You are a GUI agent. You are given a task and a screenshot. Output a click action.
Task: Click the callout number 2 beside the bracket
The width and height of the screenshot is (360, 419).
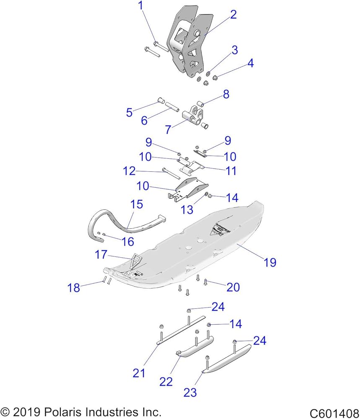point(233,14)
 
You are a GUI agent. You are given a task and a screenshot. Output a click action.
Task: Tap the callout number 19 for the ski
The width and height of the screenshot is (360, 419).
point(270,262)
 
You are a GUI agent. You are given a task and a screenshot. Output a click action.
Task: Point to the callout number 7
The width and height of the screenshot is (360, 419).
point(168,129)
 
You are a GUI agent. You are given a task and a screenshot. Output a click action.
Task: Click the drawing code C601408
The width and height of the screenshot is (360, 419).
point(334,413)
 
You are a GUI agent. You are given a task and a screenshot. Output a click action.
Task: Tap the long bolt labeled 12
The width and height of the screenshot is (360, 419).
point(171,174)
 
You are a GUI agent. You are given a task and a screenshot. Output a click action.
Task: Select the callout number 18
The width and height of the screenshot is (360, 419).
point(74,288)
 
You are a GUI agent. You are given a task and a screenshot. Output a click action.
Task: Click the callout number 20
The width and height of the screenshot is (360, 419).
point(233,287)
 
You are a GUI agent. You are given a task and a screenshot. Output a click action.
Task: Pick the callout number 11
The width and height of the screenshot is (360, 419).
point(231,171)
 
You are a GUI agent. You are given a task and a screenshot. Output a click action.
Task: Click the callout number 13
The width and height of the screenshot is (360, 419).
point(187,210)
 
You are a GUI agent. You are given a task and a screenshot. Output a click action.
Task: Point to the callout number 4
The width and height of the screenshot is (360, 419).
point(251,63)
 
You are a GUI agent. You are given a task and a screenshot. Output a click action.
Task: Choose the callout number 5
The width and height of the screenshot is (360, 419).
point(129,112)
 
